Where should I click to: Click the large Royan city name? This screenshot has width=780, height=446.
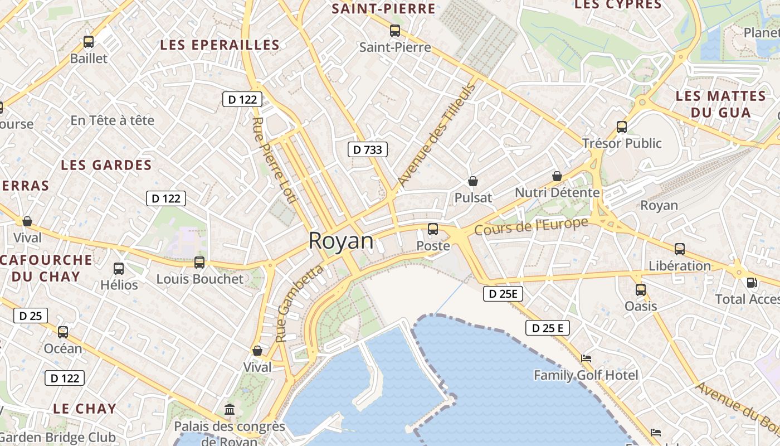[x=341, y=241]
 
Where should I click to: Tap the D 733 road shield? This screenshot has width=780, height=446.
[x=368, y=149]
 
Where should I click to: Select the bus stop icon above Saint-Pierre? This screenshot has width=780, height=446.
[x=395, y=31]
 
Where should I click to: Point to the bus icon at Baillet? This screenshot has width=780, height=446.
[x=89, y=42]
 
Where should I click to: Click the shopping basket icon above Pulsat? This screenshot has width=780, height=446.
[x=473, y=181]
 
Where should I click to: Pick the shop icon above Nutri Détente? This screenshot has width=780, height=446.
[x=557, y=176]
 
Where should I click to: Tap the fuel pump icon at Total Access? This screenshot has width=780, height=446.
[x=752, y=283]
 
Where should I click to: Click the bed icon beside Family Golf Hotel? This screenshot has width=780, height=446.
[x=586, y=358]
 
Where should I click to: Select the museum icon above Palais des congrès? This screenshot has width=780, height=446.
[x=230, y=410]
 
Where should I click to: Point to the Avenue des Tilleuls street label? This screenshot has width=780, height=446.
[x=437, y=135]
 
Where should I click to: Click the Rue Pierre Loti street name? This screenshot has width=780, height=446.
[x=275, y=160]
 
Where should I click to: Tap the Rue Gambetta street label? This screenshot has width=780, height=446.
[x=299, y=303]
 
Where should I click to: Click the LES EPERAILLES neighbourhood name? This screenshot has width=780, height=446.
[x=220, y=45]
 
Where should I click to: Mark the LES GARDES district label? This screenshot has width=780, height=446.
[x=106, y=165]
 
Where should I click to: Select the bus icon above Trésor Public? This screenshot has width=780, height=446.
[x=622, y=127]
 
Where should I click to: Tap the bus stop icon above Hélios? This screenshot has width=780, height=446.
[x=119, y=269]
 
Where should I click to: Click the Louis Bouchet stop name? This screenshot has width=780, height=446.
[x=200, y=279]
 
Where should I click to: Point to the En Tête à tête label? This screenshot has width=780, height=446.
[x=113, y=120]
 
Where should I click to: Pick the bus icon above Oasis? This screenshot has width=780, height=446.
[x=641, y=290]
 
